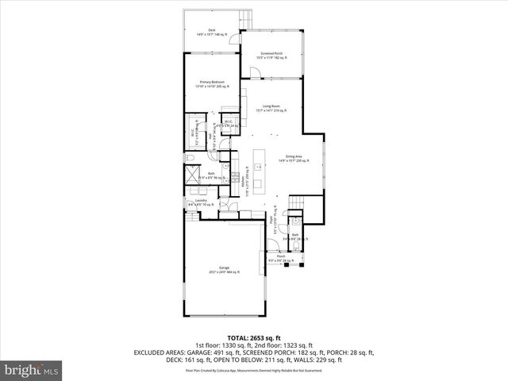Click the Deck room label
[x=212, y=33]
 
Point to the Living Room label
[x=271, y=108]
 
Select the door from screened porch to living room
[x=256, y=74]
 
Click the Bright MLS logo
[x=32, y=370]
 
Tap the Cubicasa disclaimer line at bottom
[x=253, y=370]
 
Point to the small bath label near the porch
[x=294, y=236]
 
